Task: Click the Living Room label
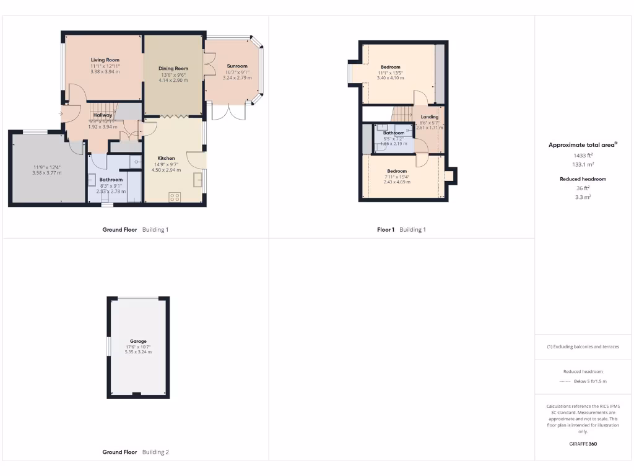pyautogui.click(x=105, y=60)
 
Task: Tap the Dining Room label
pyautogui.click(x=173, y=69)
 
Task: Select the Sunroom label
pyautogui.click(x=237, y=66)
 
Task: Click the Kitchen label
pyautogui.click(x=166, y=159)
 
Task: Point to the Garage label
pyautogui.click(x=138, y=341)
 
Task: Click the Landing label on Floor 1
pyautogui.click(x=429, y=117)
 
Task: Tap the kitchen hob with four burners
pyautogui.click(x=175, y=197)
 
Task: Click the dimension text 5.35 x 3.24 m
pyautogui.click(x=138, y=352)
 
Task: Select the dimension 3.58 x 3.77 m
pyautogui.click(x=46, y=173)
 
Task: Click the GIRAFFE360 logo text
pyautogui.click(x=583, y=444)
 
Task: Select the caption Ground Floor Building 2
pyautogui.click(x=135, y=452)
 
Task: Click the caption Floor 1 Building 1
pyautogui.click(x=401, y=230)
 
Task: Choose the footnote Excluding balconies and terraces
pyautogui.click(x=583, y=347)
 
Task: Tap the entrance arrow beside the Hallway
pyautogui.click(x=61, y=113)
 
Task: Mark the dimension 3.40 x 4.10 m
pyautogui.click(x=390, y=78)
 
